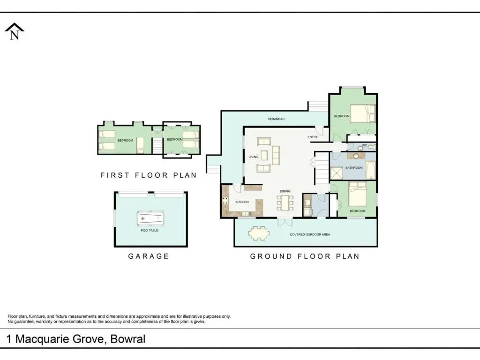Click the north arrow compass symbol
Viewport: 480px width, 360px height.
15,31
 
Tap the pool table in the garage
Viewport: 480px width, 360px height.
150,218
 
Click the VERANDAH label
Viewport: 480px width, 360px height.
276,119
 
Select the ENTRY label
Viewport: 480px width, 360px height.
313,137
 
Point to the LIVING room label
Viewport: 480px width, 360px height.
254,157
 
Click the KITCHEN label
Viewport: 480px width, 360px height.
242,202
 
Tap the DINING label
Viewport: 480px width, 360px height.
285,191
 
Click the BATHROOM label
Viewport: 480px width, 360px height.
354,168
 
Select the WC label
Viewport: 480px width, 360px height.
364,145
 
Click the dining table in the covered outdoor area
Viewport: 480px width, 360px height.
259,233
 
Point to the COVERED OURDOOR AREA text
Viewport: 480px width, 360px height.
310,234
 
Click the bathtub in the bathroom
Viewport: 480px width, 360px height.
370,170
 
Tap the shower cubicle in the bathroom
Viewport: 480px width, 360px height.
337,173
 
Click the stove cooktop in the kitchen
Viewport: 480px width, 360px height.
225,201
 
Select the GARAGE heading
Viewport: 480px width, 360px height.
149,256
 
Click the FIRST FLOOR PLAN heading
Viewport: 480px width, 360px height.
149,175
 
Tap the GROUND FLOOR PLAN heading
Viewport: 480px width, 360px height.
305,256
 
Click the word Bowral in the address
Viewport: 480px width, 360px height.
128,339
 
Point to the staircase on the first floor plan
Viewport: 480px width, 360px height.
157,145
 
